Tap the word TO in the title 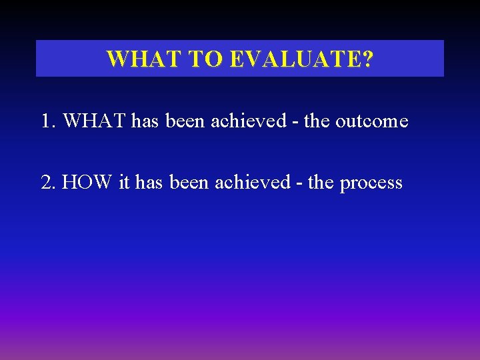[x=206, y=59]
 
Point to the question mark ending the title [x=367, y=59]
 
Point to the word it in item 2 [x=124, y=182]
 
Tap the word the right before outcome [x=317, y=121]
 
